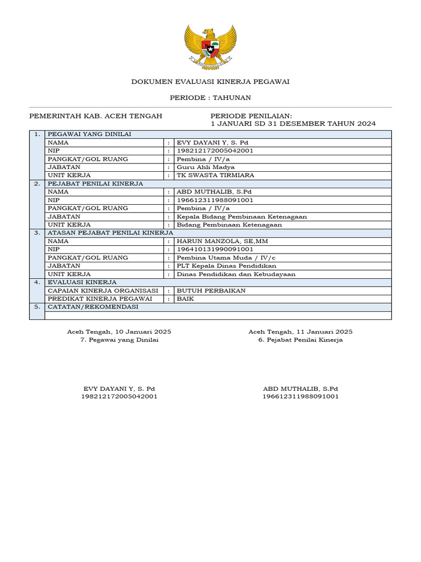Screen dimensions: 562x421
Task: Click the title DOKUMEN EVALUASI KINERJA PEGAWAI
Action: tap(210, 82)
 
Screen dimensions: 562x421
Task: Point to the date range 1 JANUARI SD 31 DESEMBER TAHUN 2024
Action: tap(293, 124)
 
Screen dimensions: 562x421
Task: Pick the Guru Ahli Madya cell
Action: tap(206, 167)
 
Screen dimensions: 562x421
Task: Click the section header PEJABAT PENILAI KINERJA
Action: tap(95, 183)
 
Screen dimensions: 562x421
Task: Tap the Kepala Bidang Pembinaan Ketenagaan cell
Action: tap(242, 216)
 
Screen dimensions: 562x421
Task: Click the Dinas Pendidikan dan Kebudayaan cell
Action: tap(236, 274)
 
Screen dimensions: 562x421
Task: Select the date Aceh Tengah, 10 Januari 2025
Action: tap(119, 331)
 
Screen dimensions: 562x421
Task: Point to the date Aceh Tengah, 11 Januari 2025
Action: tap(300, 331)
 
